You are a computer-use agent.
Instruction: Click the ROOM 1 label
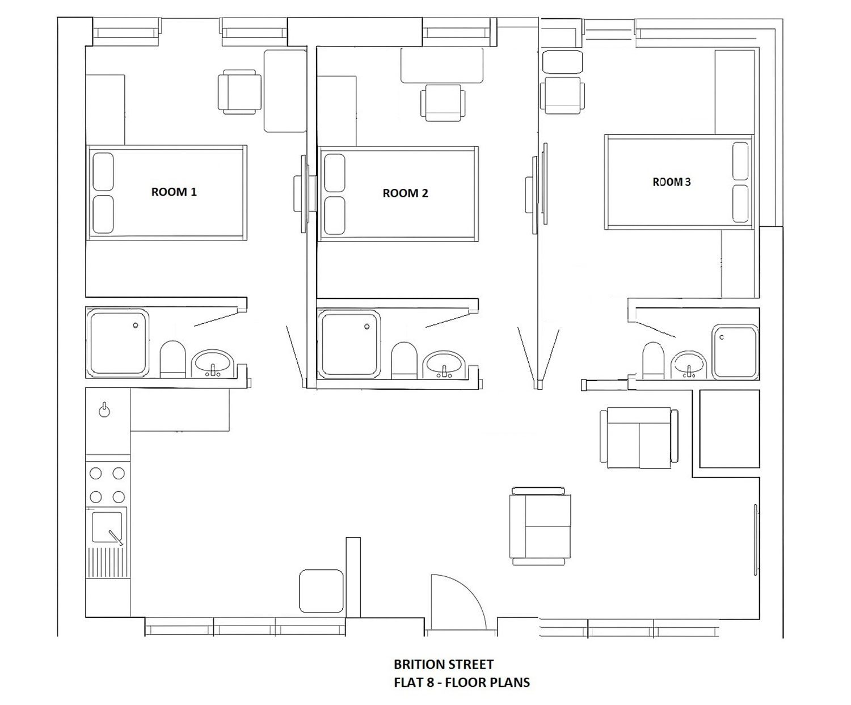[174, 192]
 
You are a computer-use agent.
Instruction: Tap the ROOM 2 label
[405, 193]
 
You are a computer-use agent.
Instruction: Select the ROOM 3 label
[672, 181]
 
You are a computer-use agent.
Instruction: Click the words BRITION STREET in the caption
[444, 665]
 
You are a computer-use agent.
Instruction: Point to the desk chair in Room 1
[239, 92]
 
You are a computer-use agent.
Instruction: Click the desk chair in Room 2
[443, 102]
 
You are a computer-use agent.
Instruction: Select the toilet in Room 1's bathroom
[173, 359]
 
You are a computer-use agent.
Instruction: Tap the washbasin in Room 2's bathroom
[444, 364]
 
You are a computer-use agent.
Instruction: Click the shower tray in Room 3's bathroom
[735, 352]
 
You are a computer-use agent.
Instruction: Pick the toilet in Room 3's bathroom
[654, 360]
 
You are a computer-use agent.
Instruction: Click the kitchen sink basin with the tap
[107, 527]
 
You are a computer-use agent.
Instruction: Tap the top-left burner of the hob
[96, 474]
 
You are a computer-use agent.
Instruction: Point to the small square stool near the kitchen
[321, 590]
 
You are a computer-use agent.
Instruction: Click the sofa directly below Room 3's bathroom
[639, 438]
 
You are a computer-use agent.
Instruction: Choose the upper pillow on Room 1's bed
[103, 171]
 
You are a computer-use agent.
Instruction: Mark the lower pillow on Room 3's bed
[740, 204]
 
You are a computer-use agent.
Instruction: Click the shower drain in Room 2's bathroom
[367, 327]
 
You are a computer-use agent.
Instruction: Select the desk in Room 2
[442, 66]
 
